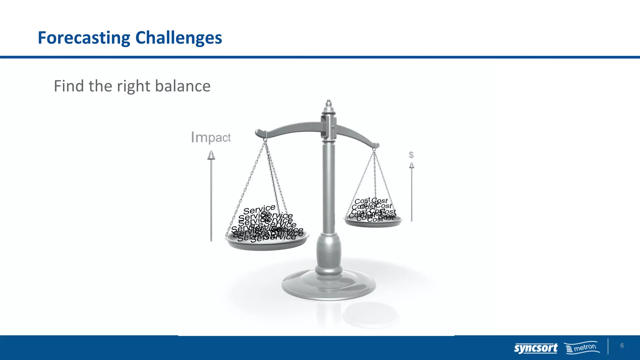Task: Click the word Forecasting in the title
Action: (x=84, y=38)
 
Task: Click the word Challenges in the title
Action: (x=178, y=38)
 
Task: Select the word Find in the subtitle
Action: (x=69, y=86)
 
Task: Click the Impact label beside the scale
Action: (x=211, y=137)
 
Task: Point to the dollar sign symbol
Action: (x=411, y=155)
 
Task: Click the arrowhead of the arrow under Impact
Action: (x=211, y=155)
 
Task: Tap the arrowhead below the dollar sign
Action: (x=412, y=165)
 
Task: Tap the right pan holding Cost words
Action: (x=373, y=222)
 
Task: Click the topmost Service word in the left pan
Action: (x=259, y=209)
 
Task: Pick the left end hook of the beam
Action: (x=259, y=133)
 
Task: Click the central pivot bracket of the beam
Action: (x=328, y=127)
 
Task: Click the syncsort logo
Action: (x=536, y=348)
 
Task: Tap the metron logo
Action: (x=582, y=347)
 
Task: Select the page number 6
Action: (x=622, y=346)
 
